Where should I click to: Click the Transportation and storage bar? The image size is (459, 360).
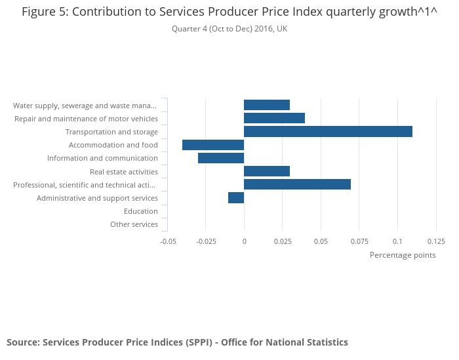point(328,132)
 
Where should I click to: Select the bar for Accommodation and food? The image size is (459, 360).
point(213,145)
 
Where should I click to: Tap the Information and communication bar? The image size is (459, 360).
point(221,158)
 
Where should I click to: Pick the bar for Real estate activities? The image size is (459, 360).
point(267,171)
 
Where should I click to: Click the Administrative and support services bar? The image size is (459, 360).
point(236,198)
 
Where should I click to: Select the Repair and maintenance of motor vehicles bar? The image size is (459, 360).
point(274,118)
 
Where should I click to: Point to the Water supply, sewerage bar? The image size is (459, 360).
point(267,105)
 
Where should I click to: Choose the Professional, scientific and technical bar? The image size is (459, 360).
point(297,184)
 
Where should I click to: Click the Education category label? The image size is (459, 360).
point(141,211)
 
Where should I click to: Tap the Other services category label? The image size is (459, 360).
point(134,224)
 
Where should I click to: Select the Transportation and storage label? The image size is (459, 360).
point(111,132)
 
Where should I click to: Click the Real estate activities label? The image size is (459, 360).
point(124,171)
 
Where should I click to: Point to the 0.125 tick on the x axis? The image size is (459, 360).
point(436,241)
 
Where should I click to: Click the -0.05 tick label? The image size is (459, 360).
point(169,241)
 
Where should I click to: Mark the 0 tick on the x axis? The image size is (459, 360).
point(244,241)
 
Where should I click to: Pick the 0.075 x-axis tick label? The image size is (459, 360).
point(359,241)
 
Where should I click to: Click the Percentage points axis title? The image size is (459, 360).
point(403,255)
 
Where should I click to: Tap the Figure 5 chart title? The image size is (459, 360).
point(229,12)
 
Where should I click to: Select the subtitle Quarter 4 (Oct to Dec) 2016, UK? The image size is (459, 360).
point(229,29)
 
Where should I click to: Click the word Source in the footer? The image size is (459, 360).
point(22,342)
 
